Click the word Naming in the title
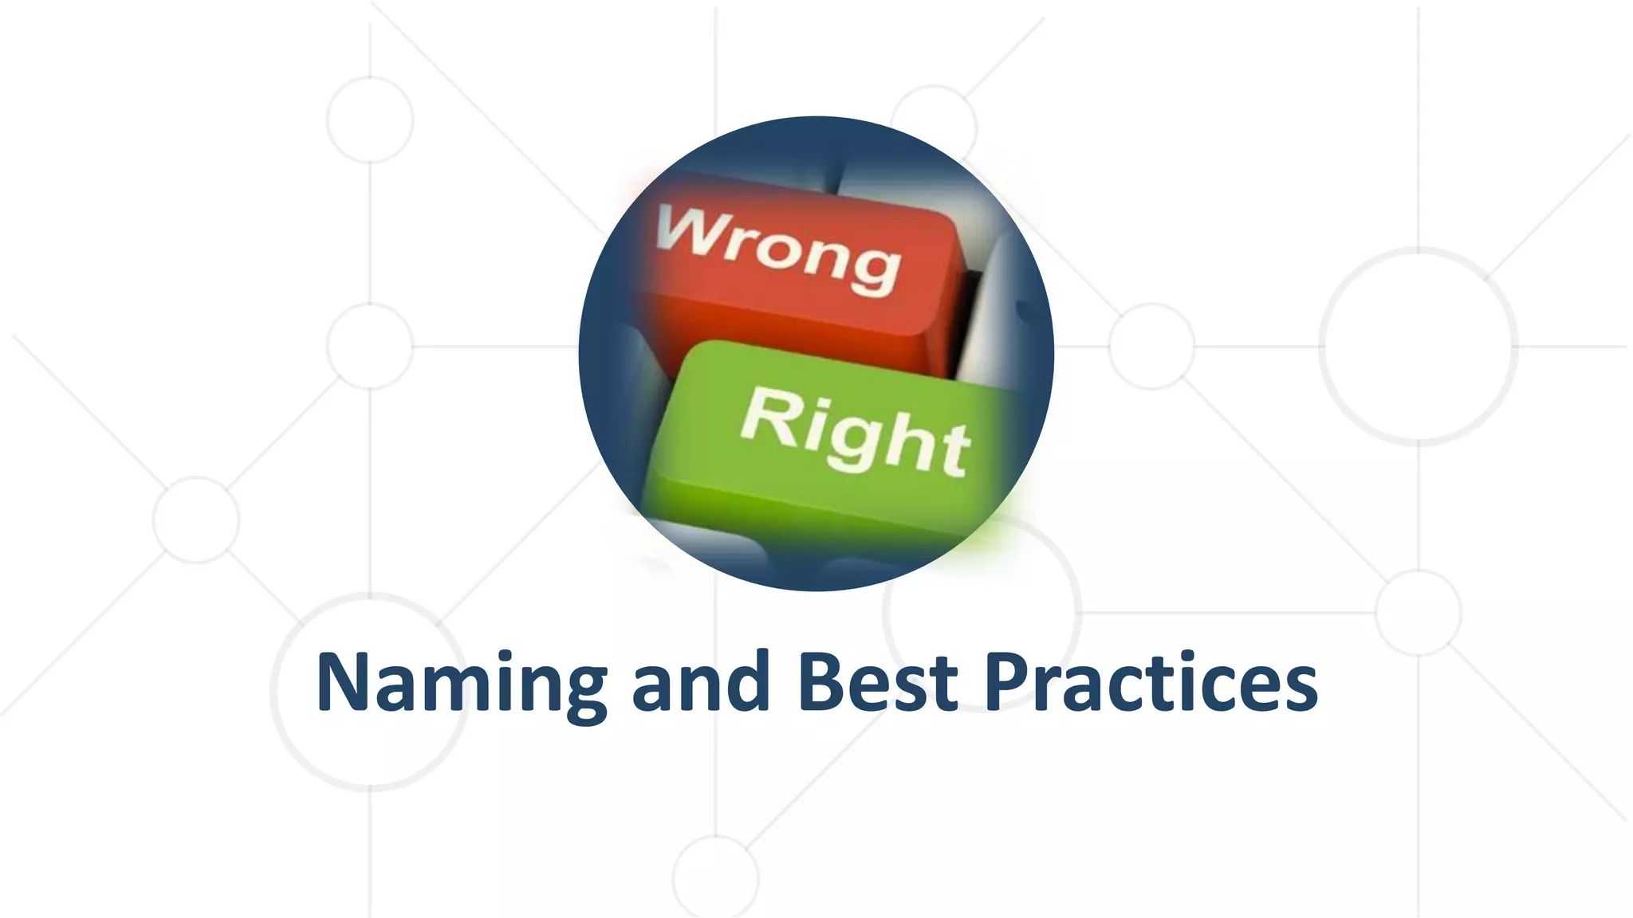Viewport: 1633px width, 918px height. point(461,683)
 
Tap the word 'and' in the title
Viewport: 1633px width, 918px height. point(701,683)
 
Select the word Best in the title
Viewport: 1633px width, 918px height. point(877,683)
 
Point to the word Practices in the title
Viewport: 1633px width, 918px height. point(1151,683)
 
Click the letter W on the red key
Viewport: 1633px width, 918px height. point(687,230)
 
